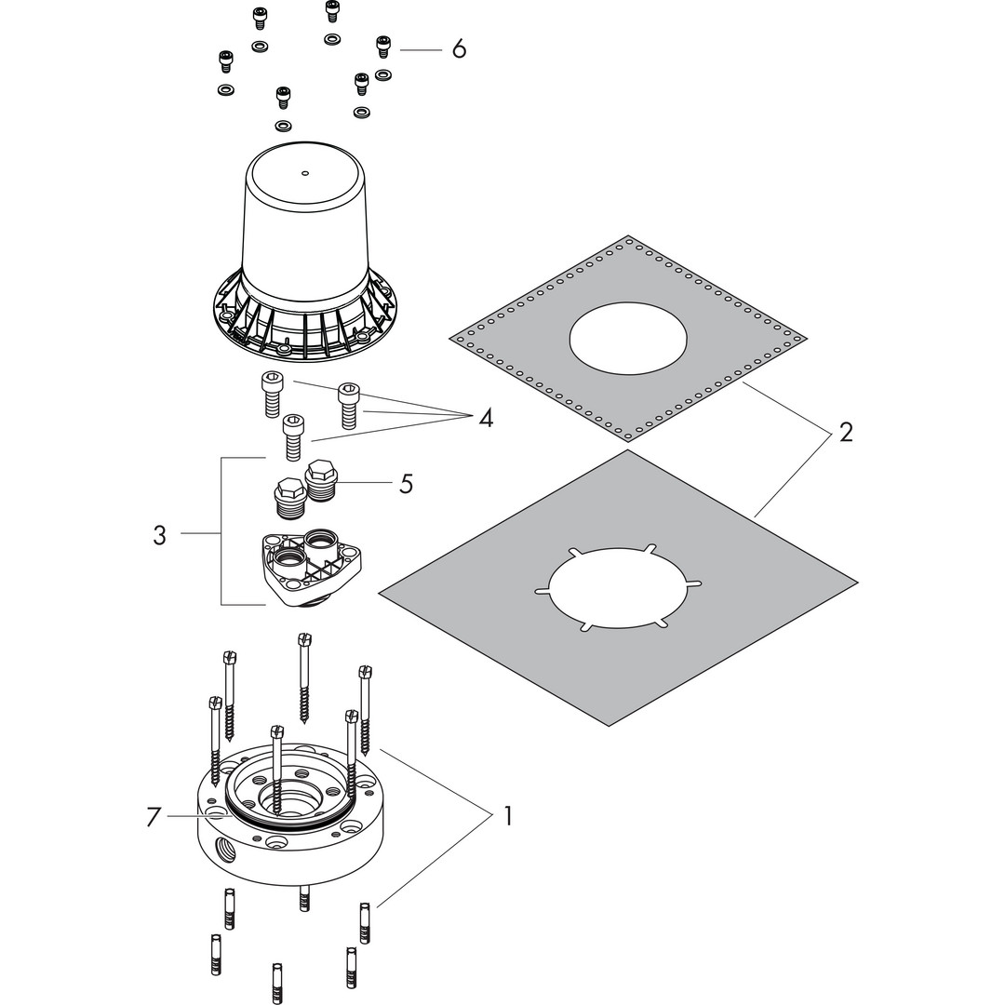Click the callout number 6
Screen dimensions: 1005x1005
pyautogui.click(x=459, y=48)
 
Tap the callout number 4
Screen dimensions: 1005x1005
pyautogui.click(x=486, y=419)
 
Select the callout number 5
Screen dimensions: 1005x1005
pyautogui.click(x=406, y=483)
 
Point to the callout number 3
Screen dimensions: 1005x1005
pyautogui.click(x=160, y=534)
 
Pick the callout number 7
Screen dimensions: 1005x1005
pyautogui.click(x=153, y=817)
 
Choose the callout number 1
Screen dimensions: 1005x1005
pyautogui.click(x=508, y=817)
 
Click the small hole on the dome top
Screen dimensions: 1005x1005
pyautogui.click(x=305, y=172)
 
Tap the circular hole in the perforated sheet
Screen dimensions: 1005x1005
pyautogui.click(x=628, y=337)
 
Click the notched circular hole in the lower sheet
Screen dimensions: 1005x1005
pyautogui.click(x=618, y=588)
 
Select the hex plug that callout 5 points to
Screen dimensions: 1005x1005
pyautogui.click(x=322, y=481)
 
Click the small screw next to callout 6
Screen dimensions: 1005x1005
pyautogui.click(x=383, y=47)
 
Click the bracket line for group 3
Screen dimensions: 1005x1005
pyautogui.click(x=221, y=531)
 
